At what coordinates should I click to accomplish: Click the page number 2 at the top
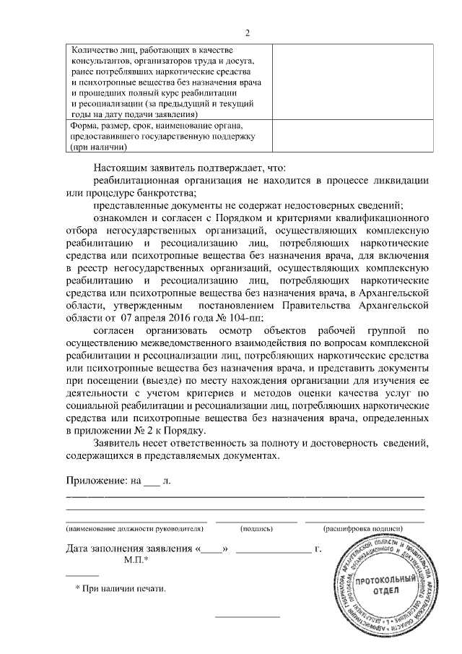tap(248, 33)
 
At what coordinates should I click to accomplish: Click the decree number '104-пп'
tap(248, 318)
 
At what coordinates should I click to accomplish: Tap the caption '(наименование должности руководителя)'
tap(136, 529)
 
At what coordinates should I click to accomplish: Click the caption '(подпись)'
tap(256, 529)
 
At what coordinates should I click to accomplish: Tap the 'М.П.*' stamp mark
tap(136, 561)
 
